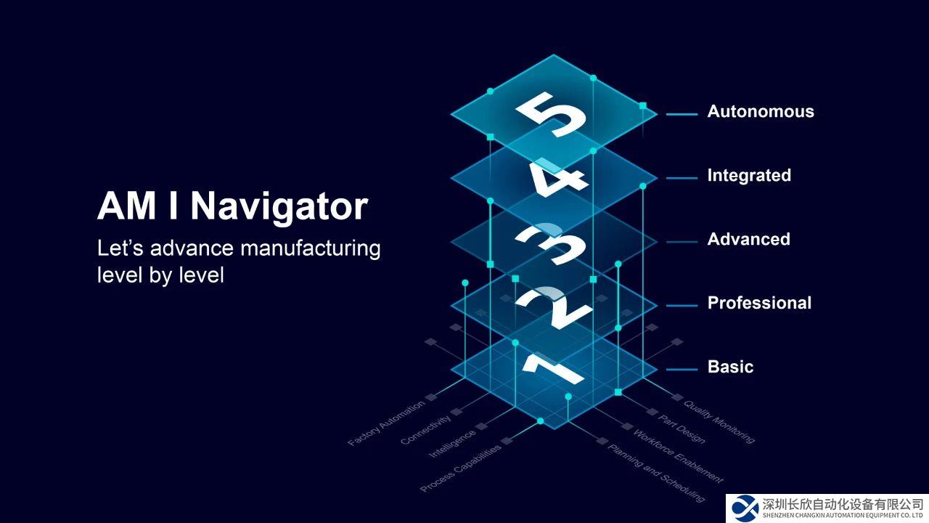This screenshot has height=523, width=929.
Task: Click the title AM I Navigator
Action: pyautogui.click(x=232, y=206)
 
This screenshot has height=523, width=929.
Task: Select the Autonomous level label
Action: pyautogui.click(x=761, y=112)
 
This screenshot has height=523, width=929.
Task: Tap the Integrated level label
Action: pyautogui.click(x=749, y=176)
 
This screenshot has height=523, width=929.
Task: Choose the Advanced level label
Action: pyautogui.click(x=748, y=240)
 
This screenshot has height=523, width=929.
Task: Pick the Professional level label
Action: pyautogui.click(x=759, y=304)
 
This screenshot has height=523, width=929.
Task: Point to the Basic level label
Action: pyautogui.click(x=730, y=368)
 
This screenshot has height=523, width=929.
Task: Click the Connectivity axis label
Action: pyautogui.click(x=425, y=429)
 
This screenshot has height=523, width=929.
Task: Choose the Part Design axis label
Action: pyautogui.click(x=681, y=429)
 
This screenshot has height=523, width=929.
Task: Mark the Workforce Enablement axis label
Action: pyautogui.click(x=678, y=456)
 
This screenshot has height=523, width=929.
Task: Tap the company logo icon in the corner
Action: pyautogui.click(x=745, y=507)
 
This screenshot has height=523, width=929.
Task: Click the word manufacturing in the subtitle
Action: pyautogui.click(x=310, y=248)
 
